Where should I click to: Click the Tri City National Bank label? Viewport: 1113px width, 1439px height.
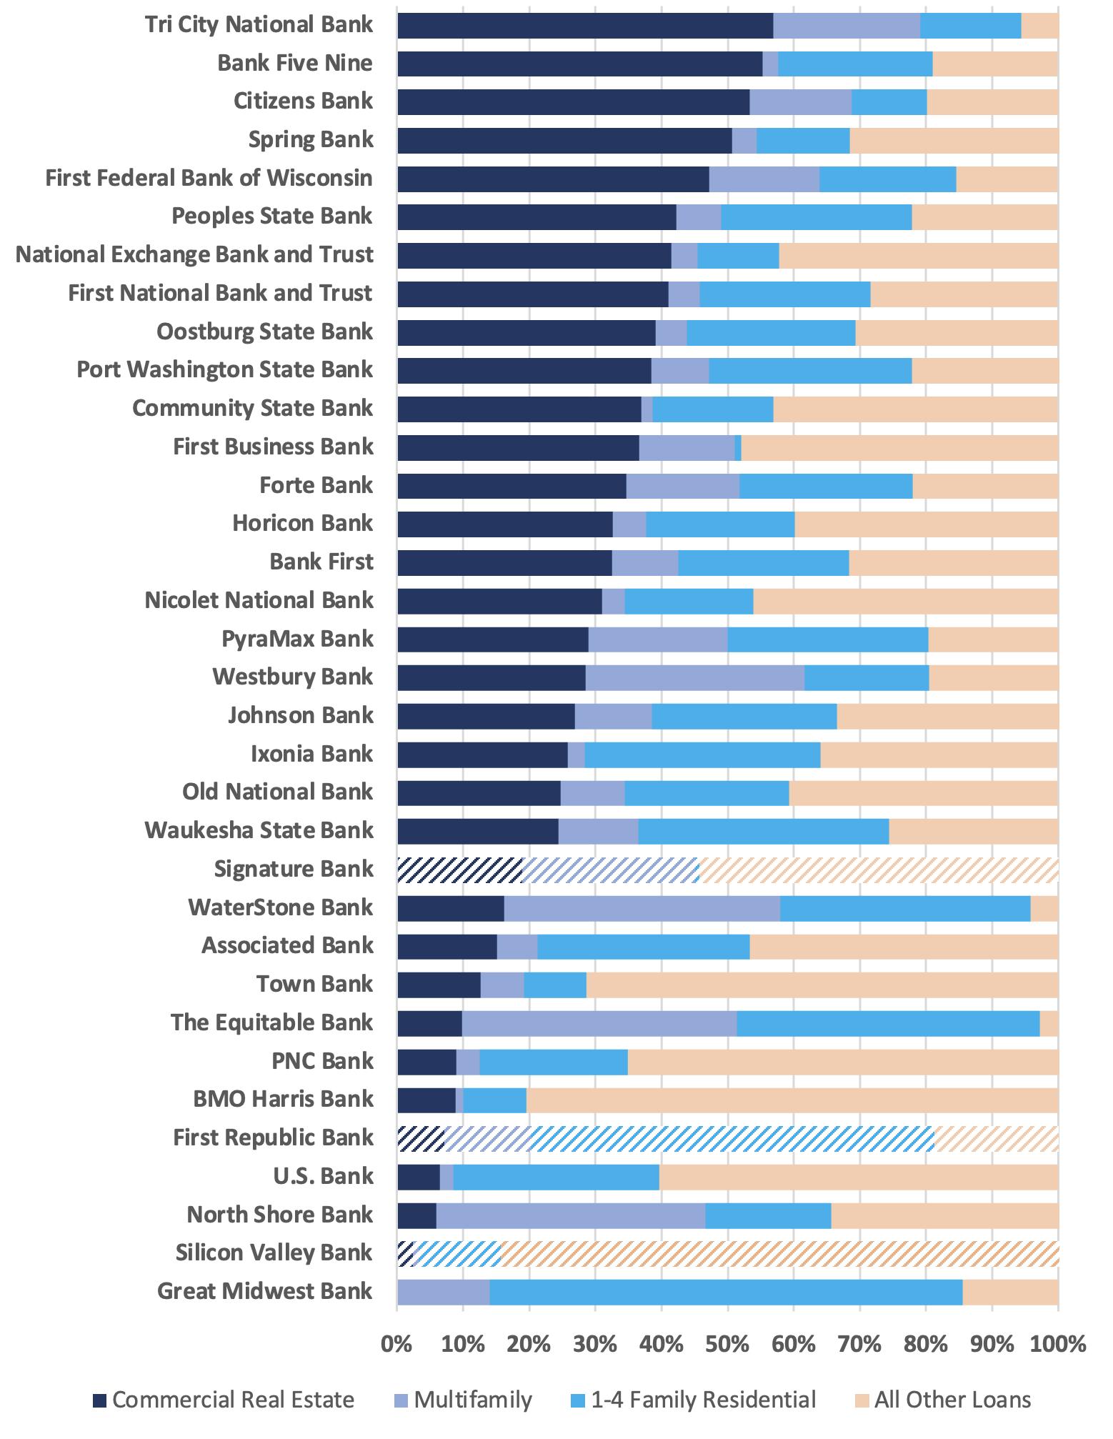click(x=259, y=24)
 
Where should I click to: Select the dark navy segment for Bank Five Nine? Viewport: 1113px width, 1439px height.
click(x=579, y=64)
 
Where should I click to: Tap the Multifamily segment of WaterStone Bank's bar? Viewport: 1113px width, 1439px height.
click(x=642, y=908)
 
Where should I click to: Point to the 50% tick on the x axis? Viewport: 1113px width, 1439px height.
click(x=727, y=1345)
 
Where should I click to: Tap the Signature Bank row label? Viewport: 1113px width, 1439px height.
click(x=294, y=870)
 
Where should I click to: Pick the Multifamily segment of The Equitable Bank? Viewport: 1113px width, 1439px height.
click(x=599, y=1023)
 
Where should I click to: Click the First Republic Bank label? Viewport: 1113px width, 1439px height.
click(x=273, y=1137)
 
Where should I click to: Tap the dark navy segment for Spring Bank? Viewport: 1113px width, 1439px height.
click(x=564, y=140)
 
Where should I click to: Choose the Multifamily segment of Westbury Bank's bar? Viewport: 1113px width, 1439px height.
click(x=694, y=677)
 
